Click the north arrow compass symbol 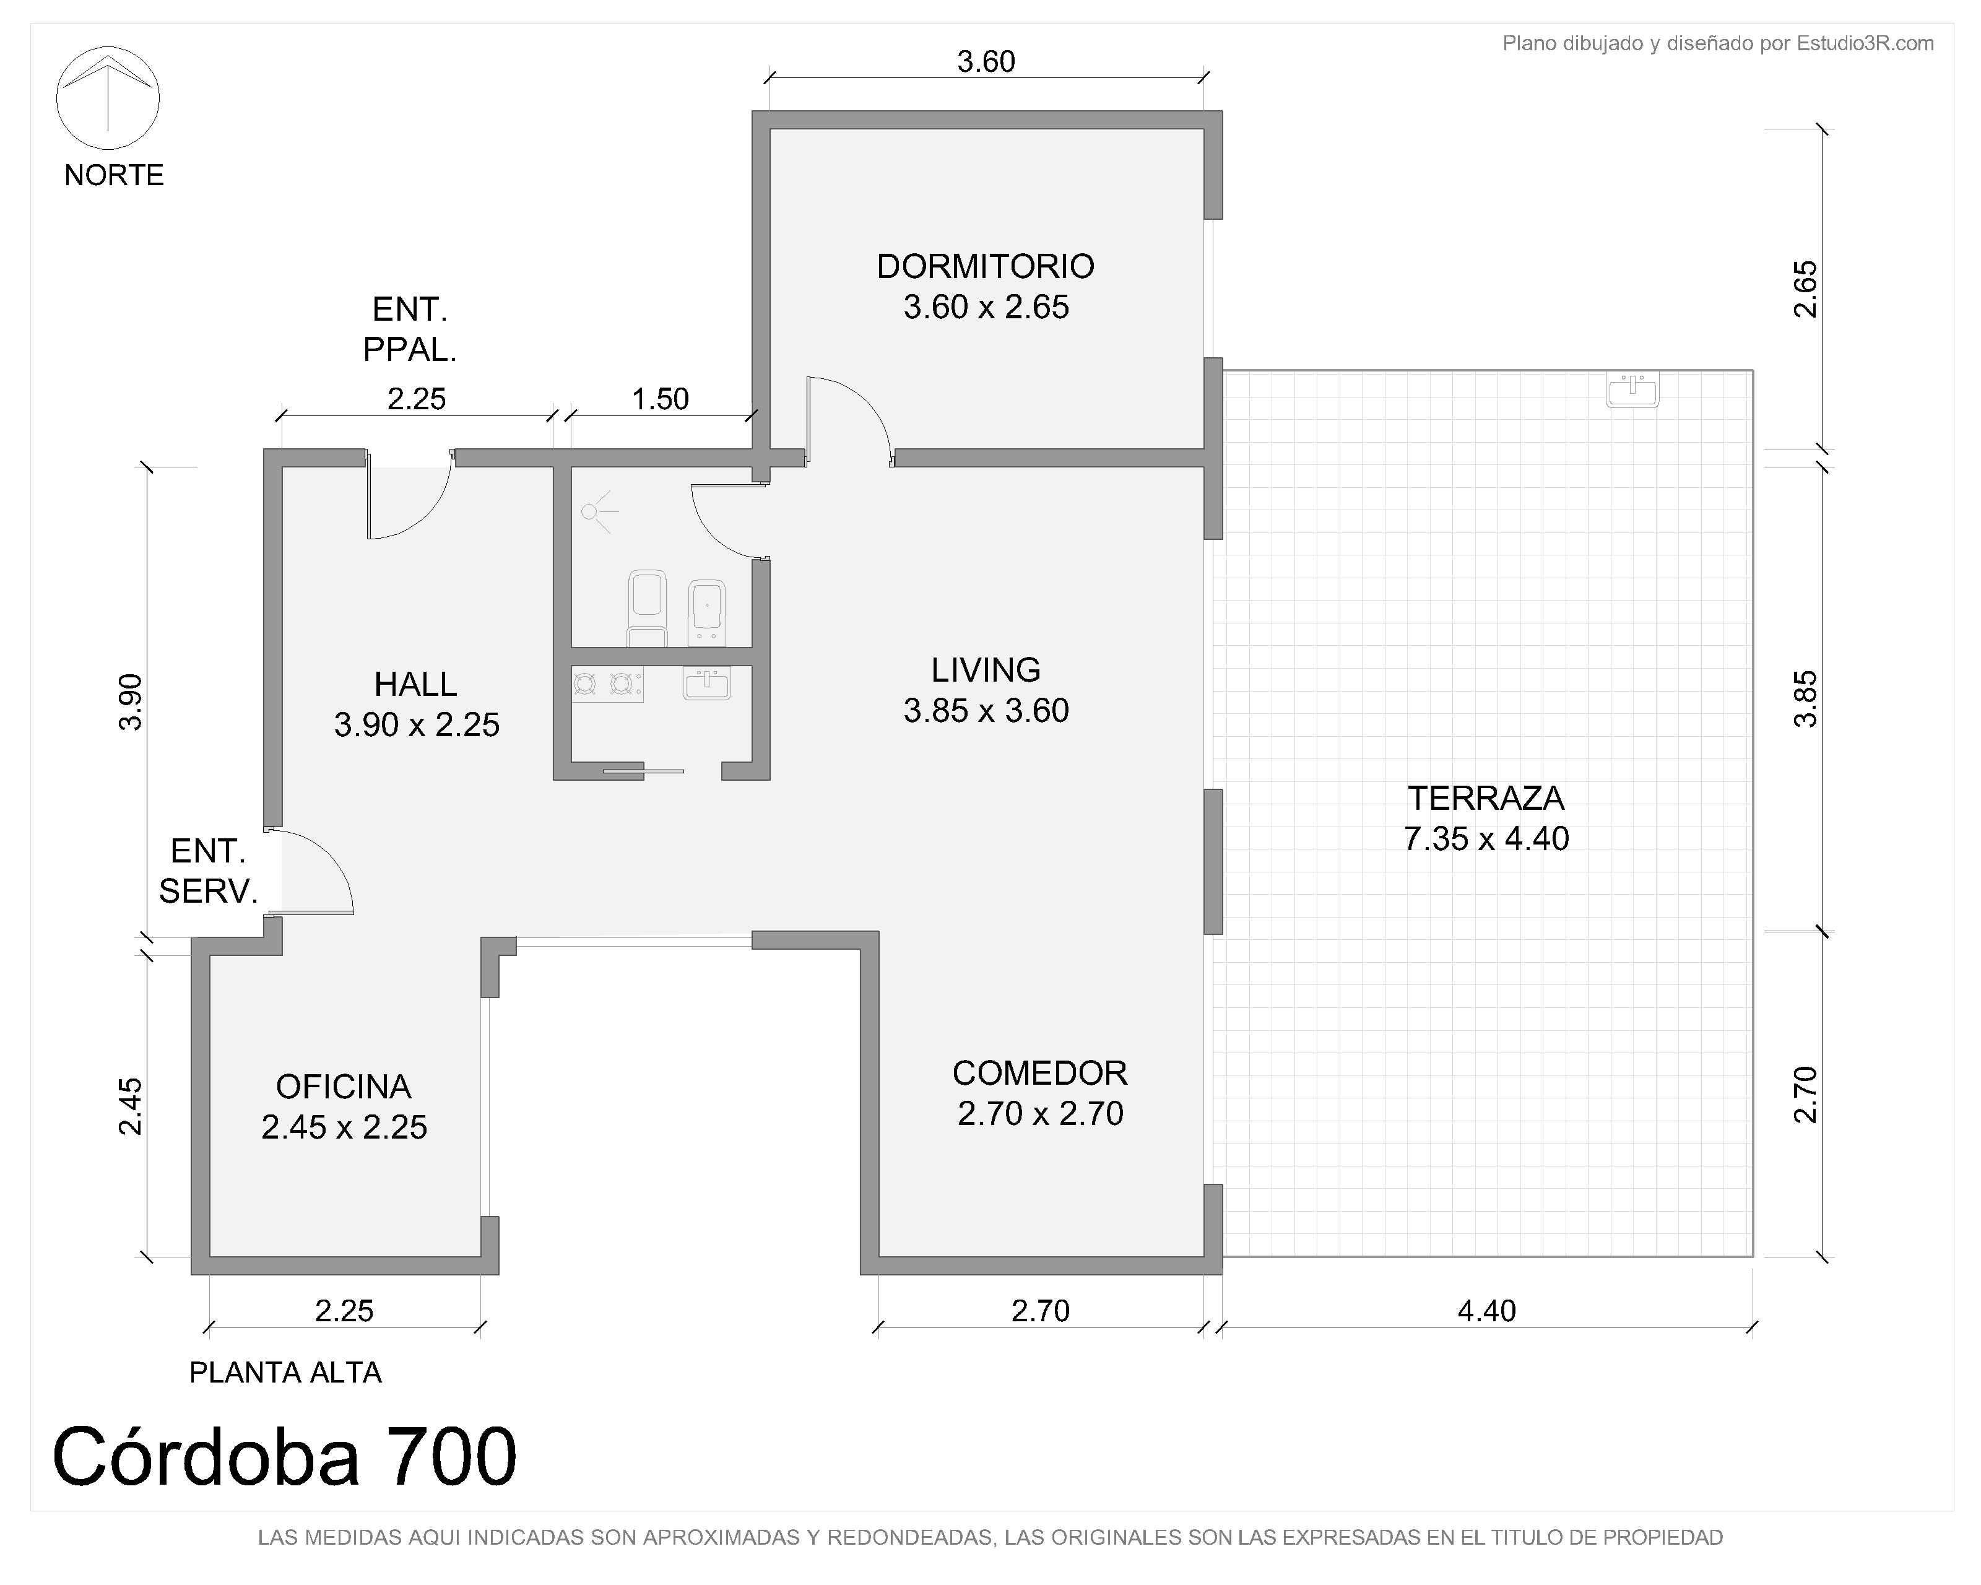point(108,97)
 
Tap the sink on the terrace point(1632,389)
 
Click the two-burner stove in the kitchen point(607,684)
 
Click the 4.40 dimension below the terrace point(1486,1310)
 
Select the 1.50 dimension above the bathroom point(660,399)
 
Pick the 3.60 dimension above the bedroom point(986,61)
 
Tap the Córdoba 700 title point(285,1456)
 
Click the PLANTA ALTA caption point(285,1373)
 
